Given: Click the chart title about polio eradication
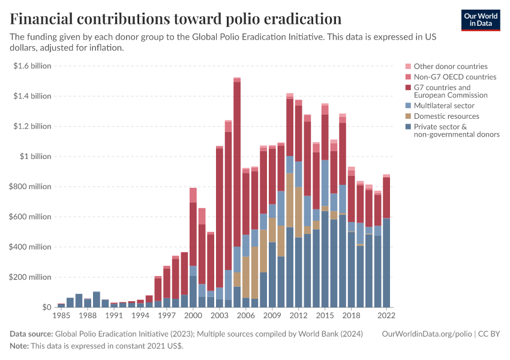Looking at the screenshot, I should point(176,18).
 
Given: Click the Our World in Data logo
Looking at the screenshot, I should point(480,20).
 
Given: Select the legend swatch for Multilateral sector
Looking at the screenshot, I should point(409,106).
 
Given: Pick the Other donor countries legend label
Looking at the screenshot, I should point(451,67).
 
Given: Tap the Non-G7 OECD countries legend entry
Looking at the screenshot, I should point(455,77).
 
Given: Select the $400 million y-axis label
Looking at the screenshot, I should point(31,247).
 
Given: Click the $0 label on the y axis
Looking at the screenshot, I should point(46,307).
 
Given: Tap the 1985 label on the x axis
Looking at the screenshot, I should point(61,315).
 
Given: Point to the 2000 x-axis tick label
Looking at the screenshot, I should point(193,315).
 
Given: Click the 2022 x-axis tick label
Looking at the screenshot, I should point(386,315).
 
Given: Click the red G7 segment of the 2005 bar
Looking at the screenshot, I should point(237,162).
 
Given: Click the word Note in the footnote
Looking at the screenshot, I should point(19,346).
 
